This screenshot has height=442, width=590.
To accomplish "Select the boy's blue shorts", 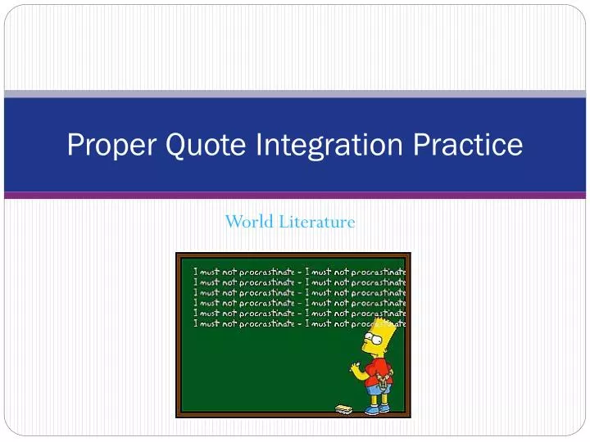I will [377, 389].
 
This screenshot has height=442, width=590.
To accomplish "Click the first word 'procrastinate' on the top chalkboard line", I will [266, 272].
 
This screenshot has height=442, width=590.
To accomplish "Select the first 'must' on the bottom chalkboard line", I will [210, 323].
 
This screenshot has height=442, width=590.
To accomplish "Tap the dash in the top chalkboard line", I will [300, 272].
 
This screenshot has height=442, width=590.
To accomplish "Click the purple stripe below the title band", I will [295, 196].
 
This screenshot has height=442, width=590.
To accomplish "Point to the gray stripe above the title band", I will [295, 94].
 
